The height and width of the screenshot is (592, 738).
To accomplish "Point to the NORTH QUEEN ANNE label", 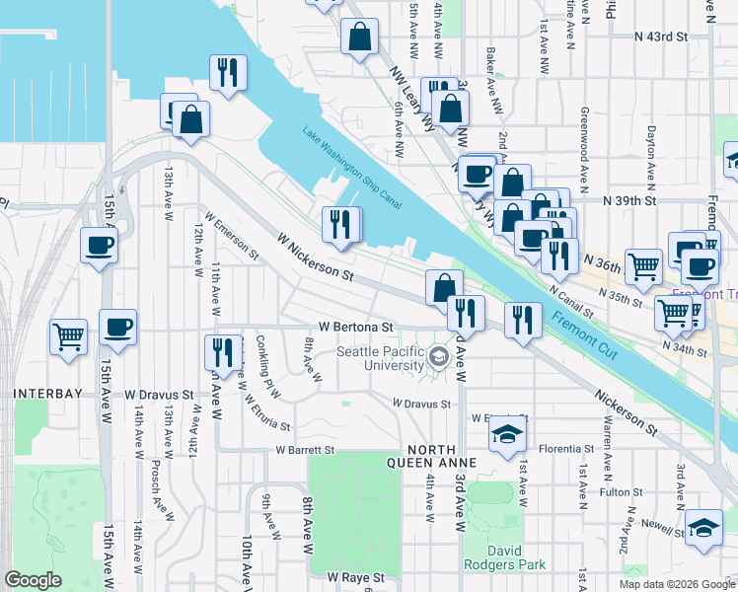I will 431,463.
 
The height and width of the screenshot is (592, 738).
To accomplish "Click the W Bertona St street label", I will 356,326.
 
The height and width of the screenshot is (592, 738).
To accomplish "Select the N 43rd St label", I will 660,37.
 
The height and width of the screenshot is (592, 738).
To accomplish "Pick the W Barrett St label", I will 305,450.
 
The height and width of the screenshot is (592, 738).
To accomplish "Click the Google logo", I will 33,580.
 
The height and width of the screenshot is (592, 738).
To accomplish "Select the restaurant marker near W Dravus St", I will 222,351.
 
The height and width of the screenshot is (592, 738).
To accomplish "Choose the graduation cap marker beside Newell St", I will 704,528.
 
